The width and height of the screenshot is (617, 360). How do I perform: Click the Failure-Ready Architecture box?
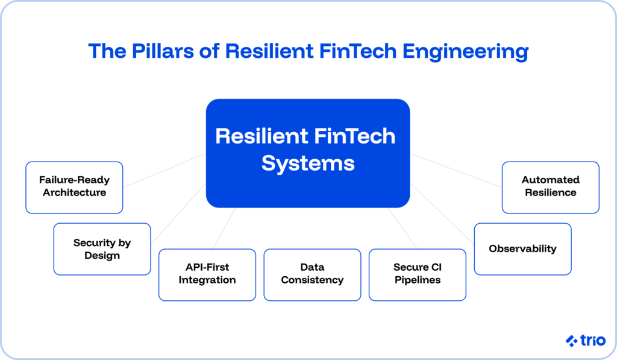[74, 187]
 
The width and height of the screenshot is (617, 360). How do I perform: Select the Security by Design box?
[102, 249]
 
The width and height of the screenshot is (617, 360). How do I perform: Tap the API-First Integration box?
[207, 274]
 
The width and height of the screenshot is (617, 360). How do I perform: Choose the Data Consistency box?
[312, 274]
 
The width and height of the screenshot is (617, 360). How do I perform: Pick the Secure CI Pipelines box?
[417, 274]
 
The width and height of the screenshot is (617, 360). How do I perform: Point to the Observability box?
[522, 249]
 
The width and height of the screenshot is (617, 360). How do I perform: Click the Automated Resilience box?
[550, 187]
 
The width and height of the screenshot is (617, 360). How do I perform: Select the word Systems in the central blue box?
[308, 163]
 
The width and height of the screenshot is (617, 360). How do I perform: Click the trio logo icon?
[571, 341]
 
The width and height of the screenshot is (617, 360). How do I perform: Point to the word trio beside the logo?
[590, 341]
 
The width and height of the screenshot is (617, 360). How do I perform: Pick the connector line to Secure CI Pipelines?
[402, 228]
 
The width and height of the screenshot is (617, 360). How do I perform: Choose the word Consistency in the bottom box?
[312, 280]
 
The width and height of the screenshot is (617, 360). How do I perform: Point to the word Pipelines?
[417, 280]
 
